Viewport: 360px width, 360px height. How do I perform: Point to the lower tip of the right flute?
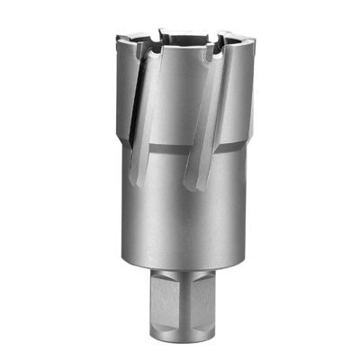(189, 188)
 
